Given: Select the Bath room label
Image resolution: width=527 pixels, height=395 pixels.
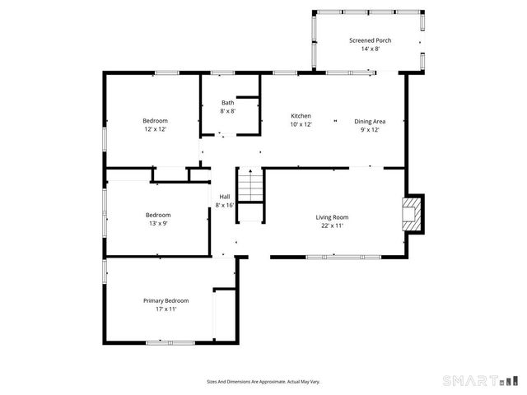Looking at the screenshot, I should (x=227, y=102).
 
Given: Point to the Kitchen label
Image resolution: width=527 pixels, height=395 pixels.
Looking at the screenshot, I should (x=301, y=115).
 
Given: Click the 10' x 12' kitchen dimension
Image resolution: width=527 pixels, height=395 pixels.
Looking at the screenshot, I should (x=301, y=124).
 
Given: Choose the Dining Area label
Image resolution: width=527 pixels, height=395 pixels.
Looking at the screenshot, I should (x=370, y=120).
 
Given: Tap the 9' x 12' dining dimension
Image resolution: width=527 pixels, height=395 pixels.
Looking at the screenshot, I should (x=370, y=129).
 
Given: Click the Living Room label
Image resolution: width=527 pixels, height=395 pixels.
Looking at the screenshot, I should (x=332, y=217).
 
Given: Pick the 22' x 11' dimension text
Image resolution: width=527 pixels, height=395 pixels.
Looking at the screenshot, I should (x=332, y=226).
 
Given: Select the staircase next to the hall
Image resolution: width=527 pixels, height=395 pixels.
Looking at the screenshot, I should (x=250, y=194).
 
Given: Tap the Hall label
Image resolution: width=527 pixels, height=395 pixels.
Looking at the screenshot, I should (x=224, y=196).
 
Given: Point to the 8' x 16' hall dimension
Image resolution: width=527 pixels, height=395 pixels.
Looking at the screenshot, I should (x=224, y=205).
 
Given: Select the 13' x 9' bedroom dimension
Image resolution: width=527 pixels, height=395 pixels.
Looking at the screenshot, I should (x=158, y=224).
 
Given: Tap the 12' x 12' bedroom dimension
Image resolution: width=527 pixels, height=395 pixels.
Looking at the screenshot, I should (x=156, y=129).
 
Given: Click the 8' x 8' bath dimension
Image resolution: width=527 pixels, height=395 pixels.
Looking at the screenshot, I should (x=227, y=111).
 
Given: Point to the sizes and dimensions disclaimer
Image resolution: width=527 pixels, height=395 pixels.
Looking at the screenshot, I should (x=263, y=381).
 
